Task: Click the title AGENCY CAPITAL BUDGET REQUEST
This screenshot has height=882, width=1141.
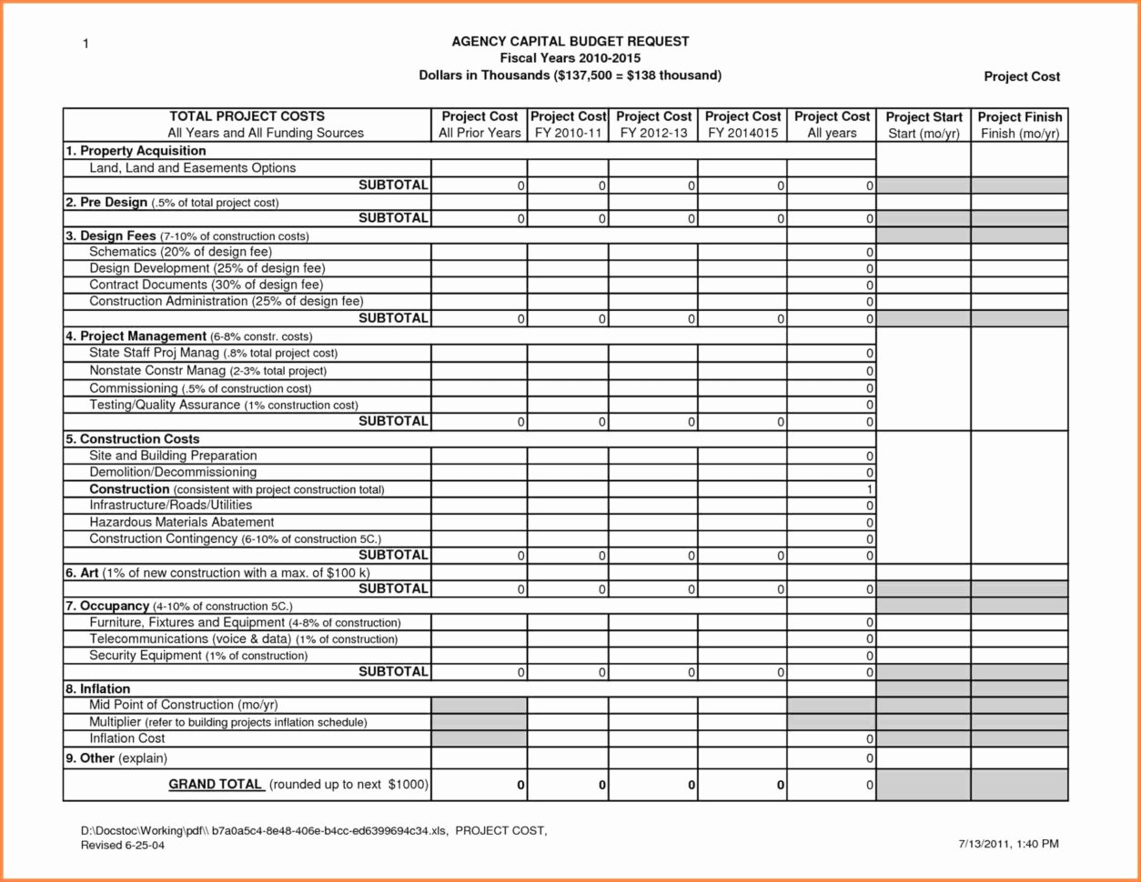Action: (x=570, y=42)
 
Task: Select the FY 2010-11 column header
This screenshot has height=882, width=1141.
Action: (x=568, y=125)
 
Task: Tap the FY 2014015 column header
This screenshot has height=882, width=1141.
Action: (x=742, y=125)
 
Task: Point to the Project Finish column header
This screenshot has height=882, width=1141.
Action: (x=1019, y=125)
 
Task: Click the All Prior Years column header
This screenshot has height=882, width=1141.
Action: (x=480, y=125)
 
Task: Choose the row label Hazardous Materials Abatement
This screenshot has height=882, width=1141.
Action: (x=181, y=522)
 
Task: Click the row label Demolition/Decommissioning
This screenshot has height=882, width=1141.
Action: (x=173, y=472)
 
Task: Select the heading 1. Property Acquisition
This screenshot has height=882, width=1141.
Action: (x=136, y=151)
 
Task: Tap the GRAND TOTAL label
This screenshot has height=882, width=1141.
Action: (x=216, y=784)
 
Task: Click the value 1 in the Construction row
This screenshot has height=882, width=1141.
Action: (x=870, y=489)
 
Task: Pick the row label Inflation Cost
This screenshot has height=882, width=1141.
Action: (x=127, y=738)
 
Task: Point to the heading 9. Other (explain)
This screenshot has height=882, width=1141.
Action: (x=116, y=758)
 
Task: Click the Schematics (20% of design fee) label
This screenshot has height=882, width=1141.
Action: (x=180, y=251)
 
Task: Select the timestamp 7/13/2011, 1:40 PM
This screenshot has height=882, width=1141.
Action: (x=1008, y=844)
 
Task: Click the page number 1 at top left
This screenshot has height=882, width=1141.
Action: (x=86, y=45)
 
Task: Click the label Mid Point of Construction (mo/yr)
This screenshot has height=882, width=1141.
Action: (x=183, y=705)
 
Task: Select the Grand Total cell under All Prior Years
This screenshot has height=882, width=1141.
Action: (x=480, y=785)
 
